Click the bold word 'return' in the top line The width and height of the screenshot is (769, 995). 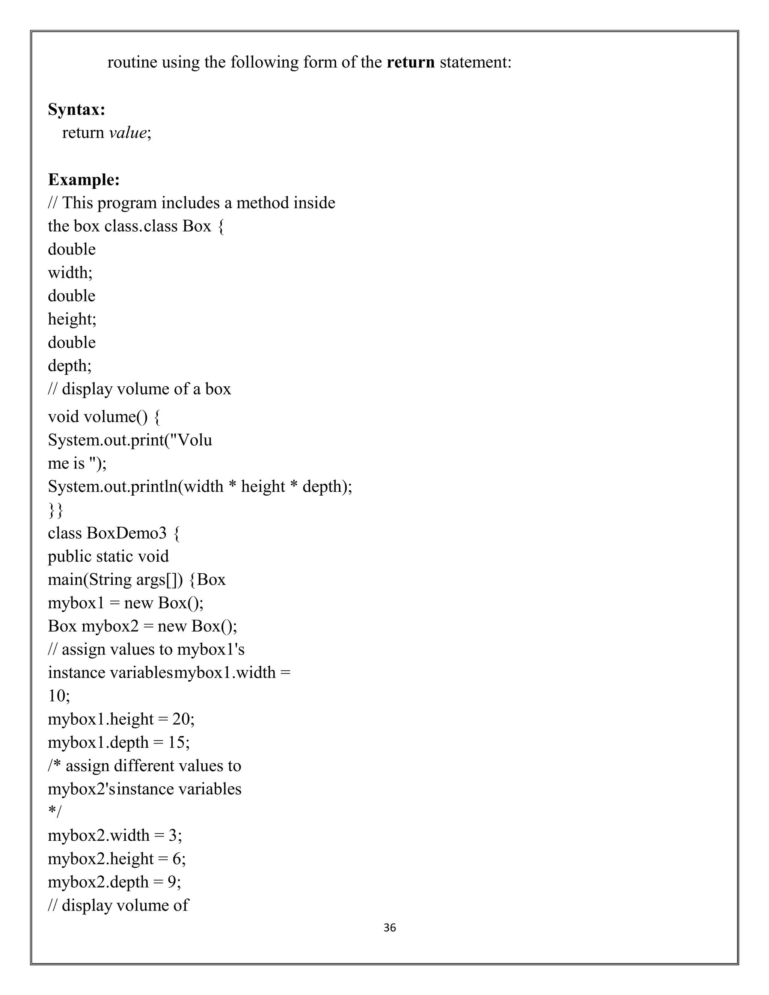click(x=410, y=62)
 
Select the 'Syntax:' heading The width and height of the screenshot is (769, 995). click(x=77, y=109)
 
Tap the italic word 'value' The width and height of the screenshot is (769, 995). click(x=128, y=133)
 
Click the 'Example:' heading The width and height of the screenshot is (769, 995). click(x=84, y=179)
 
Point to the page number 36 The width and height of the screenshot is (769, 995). click(x=389, y=927)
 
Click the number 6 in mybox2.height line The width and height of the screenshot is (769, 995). click(x=176, y=858)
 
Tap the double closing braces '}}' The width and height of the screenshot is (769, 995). click(x=55, y=510)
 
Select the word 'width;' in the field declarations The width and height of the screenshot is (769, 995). click(x=70, y=273)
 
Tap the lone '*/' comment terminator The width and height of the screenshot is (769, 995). click(x=55, y=812)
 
